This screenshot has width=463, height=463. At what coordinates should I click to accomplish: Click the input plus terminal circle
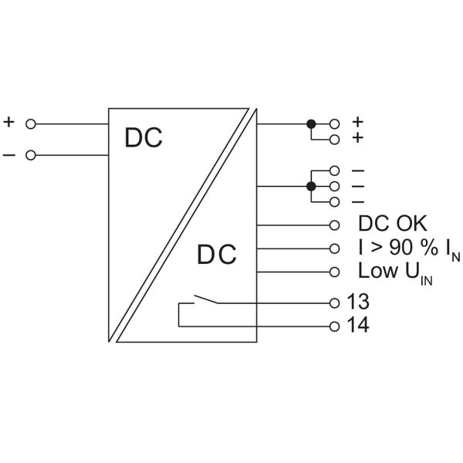pyautogui.click(x=31, y=124)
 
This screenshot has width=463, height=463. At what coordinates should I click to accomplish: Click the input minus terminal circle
pyautogui.click(x=31, y=155)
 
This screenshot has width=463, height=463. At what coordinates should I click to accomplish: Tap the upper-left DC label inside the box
pyautogui.click(x=144, y=137)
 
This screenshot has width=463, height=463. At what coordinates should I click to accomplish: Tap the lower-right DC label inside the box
pyautogui.click(x=217, y=255)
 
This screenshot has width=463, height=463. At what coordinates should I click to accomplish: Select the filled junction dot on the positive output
pyautogui.click(x=311, y=124)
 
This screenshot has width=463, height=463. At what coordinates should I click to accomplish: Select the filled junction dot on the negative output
pyautogui.click(x=311, y=186)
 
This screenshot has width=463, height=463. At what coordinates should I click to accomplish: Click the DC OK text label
pyautogui.click(x=393, y=223)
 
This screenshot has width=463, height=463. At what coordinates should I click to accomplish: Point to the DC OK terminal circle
pyautogui.click(x=334, y=225)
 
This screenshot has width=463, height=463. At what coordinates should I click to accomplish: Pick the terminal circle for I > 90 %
pyautogui.click(x=334, y=248)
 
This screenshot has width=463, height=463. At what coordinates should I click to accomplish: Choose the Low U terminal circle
pyautogui.click(x=334, y=272)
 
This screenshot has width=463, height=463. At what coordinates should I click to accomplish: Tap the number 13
pyautogui.click(x=358, y=302)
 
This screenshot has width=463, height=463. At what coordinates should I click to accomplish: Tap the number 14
pyautogui.click(x=358, y=325)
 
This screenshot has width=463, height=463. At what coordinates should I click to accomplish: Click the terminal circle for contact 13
pyautogui.click(x=334, y=303)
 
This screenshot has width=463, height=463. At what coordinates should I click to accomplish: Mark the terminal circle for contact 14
pyautogui.click(x=334, y=326)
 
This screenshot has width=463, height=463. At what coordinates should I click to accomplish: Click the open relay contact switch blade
pyautogui.click(x=206, y=299)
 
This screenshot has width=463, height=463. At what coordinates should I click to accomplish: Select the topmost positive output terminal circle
pyautogui.click(x=334, y=124)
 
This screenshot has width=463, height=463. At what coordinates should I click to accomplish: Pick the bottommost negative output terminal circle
pyautogui.click(x=334, y=202)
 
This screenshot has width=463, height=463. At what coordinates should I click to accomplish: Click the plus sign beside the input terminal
pyautogui.click(x=8, y=122)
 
